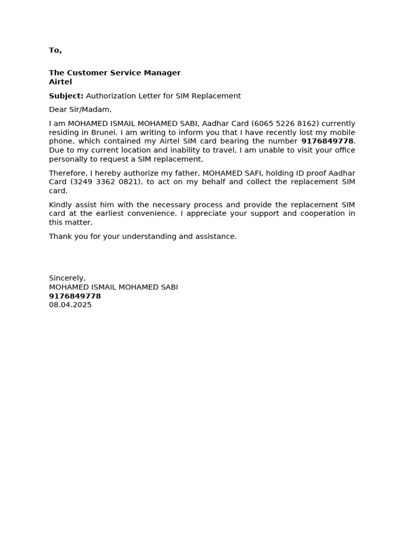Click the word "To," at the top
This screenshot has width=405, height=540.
click(x=55, y=51)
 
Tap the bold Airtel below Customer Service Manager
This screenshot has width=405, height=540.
click(x=61, y=82)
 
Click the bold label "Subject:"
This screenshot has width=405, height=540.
click(x=66, y=96)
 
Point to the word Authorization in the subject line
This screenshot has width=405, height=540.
click(x=112, y=96)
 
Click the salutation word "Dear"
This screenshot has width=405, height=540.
click(x=59, y=110)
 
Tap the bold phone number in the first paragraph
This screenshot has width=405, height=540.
click(x=327, y=141)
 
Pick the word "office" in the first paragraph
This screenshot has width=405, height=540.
click(x=343, y=150)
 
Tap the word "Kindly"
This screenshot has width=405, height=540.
click(x=60, y=205)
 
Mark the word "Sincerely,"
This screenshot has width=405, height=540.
click(x=67, y=278)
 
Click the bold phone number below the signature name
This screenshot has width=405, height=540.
click(x=75, y=296)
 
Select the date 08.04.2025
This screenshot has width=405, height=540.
click(x=70, y=305)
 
